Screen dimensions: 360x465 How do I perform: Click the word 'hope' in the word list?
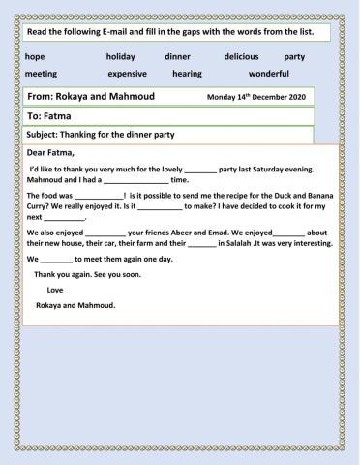36,57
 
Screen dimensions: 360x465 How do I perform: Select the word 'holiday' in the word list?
122,57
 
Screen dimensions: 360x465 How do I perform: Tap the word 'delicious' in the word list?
242,57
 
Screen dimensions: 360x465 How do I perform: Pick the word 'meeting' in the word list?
41,74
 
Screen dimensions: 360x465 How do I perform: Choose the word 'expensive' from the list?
127,74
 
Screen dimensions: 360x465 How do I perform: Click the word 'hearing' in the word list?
187,74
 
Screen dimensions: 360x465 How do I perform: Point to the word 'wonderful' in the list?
269,74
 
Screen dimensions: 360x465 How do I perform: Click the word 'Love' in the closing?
55,290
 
